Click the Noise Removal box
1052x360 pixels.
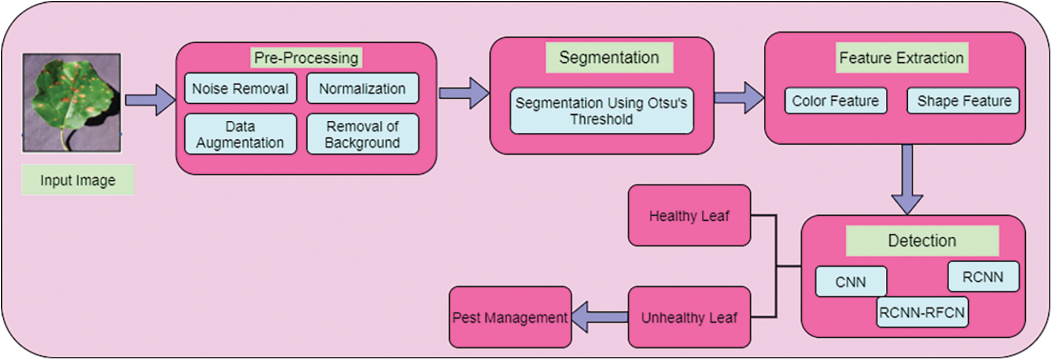[x=240, y=88]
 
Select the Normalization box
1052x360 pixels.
[x=362, y=88]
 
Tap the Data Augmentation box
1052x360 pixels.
[x=240, y=134]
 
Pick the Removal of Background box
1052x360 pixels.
[x=362, y=134]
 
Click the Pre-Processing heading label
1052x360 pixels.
[x=306, y=58]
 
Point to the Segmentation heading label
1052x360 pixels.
[x=609, y=57]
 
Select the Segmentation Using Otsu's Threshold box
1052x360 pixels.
[x=601, y=111]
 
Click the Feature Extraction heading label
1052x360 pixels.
[x=901, y=58]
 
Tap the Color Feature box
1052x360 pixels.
[x=835, y=101]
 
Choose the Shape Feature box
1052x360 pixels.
[x=963, y=101]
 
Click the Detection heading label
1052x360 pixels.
[x=922, y=241]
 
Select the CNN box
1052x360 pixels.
[x=850, y=282]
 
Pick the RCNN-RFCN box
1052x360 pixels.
[x=922, y=312]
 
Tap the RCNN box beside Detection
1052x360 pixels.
[x=983, y=277]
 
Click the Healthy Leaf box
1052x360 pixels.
[x=689, y=216]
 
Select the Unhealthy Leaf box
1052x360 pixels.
[x=689, y=317]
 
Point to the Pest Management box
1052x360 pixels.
[x=509, y=317]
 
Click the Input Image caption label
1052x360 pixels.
[x=78, y=180]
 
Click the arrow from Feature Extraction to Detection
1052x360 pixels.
[x=907, y=180]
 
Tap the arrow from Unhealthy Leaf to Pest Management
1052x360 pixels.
[x=599, y=317]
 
